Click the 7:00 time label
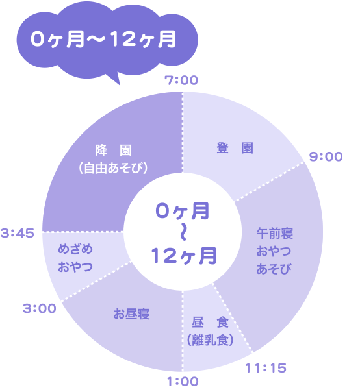[x=181, y=80]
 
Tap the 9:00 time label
[x=326, y=156]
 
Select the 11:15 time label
[x=266, y=368]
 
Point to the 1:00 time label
[x=183, y=382]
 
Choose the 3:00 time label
[x=39, y=308]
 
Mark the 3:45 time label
[x=18, y=233]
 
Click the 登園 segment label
[x=235, y=148]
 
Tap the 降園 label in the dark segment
[x=114, y=150]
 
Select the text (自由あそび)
[x=114, y=168]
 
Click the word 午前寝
[x=275, y=233]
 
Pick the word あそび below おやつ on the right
[x=274, y=269]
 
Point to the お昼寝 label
[x=131, y=313]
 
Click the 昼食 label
[x=211, y=322]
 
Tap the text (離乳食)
[x=211, y=339]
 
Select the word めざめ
[x=75, y=249]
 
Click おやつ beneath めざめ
[x=75, y=267]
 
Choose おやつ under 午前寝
[x=274, y=251]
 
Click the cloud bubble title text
[x=103, y=39]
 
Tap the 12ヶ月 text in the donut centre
[x=184, y=256]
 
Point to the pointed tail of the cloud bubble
[x=120, y=84]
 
